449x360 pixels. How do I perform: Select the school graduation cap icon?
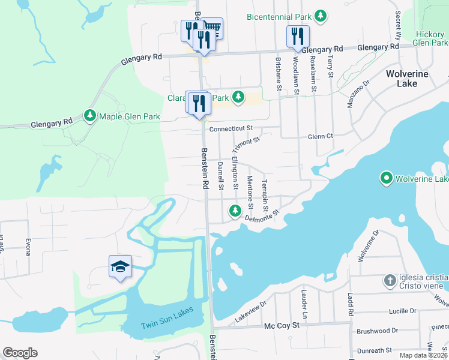tap(120, 266)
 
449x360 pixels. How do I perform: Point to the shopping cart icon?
tap(214, 28)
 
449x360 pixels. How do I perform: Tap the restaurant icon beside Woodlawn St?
tap(297, 36)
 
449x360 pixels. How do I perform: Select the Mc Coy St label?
tap(282, 326)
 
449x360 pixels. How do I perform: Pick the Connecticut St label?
tap(231, 128)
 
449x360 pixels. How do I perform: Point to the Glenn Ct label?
tap(320, 136)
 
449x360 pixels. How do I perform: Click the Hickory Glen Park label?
tap(430, 39)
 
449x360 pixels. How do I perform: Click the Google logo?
tap(20, 353)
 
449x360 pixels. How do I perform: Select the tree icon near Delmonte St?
tap(235, 211)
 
